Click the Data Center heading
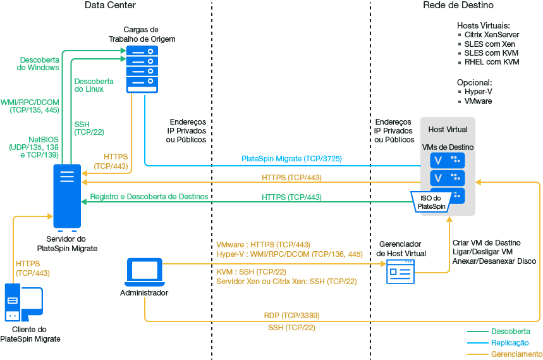coord(110,6)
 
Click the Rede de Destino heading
coord(458,6)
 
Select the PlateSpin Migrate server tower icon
coord(67,196)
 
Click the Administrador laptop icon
coord(144,271)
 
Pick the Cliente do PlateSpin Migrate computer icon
coord(23,304)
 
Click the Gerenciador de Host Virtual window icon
coord(401,271)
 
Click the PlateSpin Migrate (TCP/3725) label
coord(291,159)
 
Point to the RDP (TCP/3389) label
coord(291,315)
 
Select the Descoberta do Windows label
coord(39,63)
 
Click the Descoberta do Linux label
coord(94,85)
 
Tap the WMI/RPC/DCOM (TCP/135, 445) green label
coord(30,106)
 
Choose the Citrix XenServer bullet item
coord(492,35)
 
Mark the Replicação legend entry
coord(509,342)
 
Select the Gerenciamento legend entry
coord(516,354)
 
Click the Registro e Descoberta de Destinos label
coord(149,197)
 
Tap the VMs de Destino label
coord(448,147)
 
